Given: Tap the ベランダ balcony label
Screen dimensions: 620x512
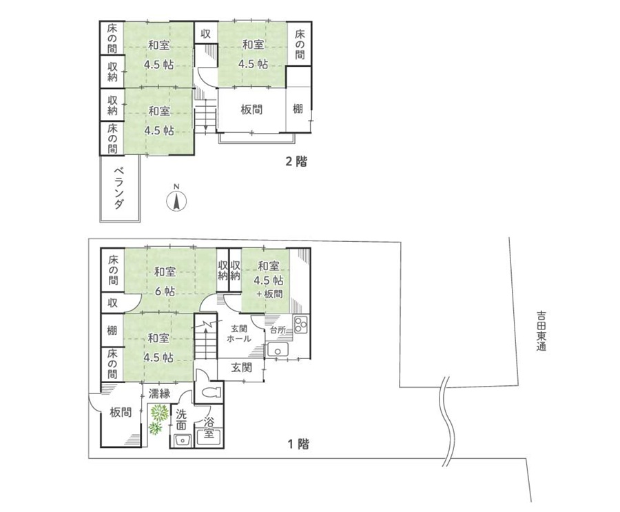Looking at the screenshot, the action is pyautogui.click(x=118, y=188).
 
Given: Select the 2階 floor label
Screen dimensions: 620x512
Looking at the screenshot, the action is pyautogui.click(x=296, y=161).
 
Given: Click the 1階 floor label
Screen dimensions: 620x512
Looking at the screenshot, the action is pyautogui.click(x=298, y=444).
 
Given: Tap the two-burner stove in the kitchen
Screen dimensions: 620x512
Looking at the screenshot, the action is pyautogui.click(x=300, y=325).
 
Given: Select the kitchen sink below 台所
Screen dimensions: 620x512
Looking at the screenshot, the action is pyautogui.click(x=278, y=350).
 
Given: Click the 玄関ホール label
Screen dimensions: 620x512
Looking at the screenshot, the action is pyautogui.click(x=239, y=333).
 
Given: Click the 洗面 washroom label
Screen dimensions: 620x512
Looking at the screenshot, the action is pyautogui.click(x=181, y=420).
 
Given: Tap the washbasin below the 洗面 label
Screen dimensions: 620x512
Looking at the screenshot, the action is pyautogui.click(x=183, y=440).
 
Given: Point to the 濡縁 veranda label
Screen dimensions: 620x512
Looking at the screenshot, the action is pyautogui.click(x=159, y=393).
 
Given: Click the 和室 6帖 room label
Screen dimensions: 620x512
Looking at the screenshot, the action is pyautogui.click(x=165, y=282).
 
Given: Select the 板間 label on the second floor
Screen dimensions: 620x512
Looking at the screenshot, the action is pyautogui.click(x=251, y=109).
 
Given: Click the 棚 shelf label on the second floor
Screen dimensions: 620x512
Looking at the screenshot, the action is pyautogui.click(x=298, y=108).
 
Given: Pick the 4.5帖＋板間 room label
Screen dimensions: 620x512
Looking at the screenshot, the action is pyautogui.click(x=269, y=280).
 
